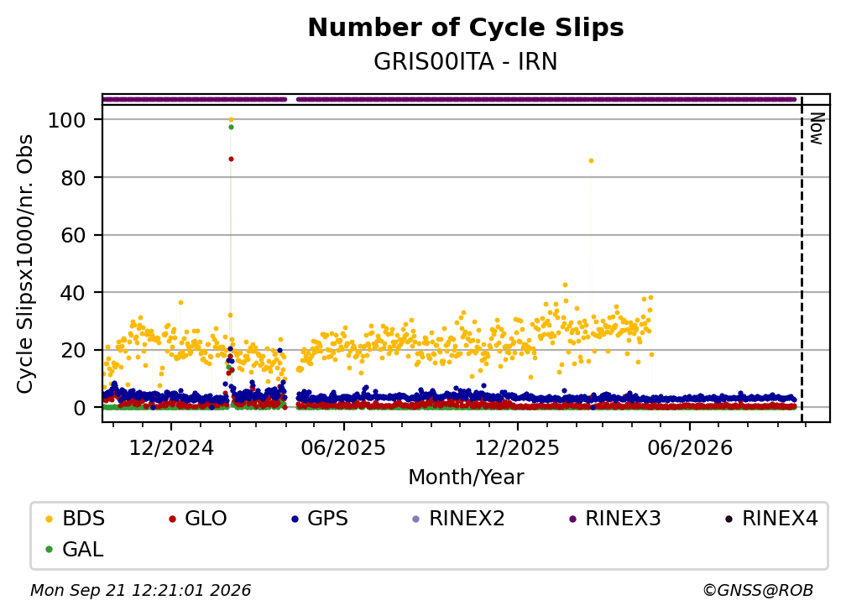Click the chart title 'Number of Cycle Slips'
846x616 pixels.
click(466, 28)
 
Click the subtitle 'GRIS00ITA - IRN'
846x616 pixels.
click(465, 61)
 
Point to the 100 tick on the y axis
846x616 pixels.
click(67, 120)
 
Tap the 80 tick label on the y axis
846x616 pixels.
click(73, 177)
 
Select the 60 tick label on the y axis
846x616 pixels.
click(73, 235)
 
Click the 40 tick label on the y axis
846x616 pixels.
click(73, 292)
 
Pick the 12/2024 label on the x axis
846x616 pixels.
click(171, 447)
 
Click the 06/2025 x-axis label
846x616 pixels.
click(344, 447)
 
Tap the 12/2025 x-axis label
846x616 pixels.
click(517, 447)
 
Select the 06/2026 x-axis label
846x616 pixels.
click(690, 447)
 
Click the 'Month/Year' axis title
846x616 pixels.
click(466, 477)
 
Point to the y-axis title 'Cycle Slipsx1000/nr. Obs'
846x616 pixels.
click(25, 264)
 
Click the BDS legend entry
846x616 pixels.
click(75, 519)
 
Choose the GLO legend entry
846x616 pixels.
click(197, 519)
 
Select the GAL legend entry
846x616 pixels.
click(75, 550)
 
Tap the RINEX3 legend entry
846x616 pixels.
click(615, 519)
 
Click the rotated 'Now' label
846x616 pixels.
click(817, 129)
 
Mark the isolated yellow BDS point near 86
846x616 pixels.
click(591, 161)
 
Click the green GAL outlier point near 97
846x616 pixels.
click(231, 128)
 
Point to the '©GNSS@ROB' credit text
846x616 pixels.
click(758, 591)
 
